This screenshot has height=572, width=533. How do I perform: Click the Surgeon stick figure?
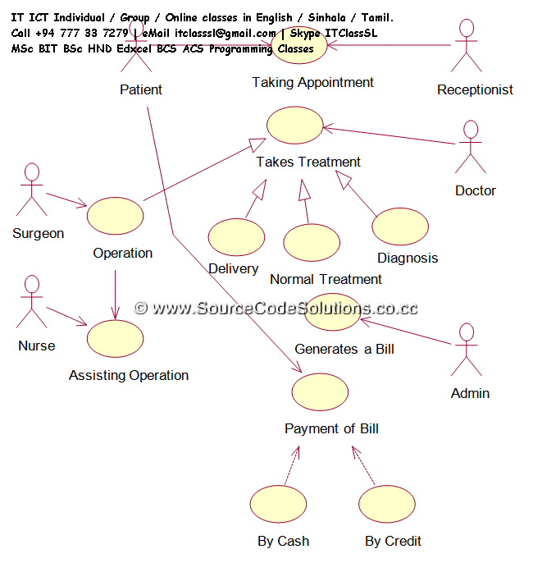click(32, 190)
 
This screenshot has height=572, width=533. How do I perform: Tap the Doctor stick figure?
click(470, 148)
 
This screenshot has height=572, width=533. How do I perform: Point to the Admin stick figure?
click(467, 350)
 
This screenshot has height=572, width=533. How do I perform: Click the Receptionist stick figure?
click(467, 46)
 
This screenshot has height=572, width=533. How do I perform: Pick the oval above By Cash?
click(277, 504)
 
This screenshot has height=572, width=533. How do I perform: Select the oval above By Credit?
click(387, 504)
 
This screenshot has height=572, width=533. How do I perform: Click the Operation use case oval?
click(116, 216)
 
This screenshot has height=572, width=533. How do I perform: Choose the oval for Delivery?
click(236, 236)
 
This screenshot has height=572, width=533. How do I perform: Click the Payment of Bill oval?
click(320, 391)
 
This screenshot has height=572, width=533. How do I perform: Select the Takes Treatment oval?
click(294, 127)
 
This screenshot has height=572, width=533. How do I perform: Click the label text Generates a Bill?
click(344, 349)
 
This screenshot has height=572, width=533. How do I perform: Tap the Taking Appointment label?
click(312, 82)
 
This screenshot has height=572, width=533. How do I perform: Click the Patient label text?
click(141, 89)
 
